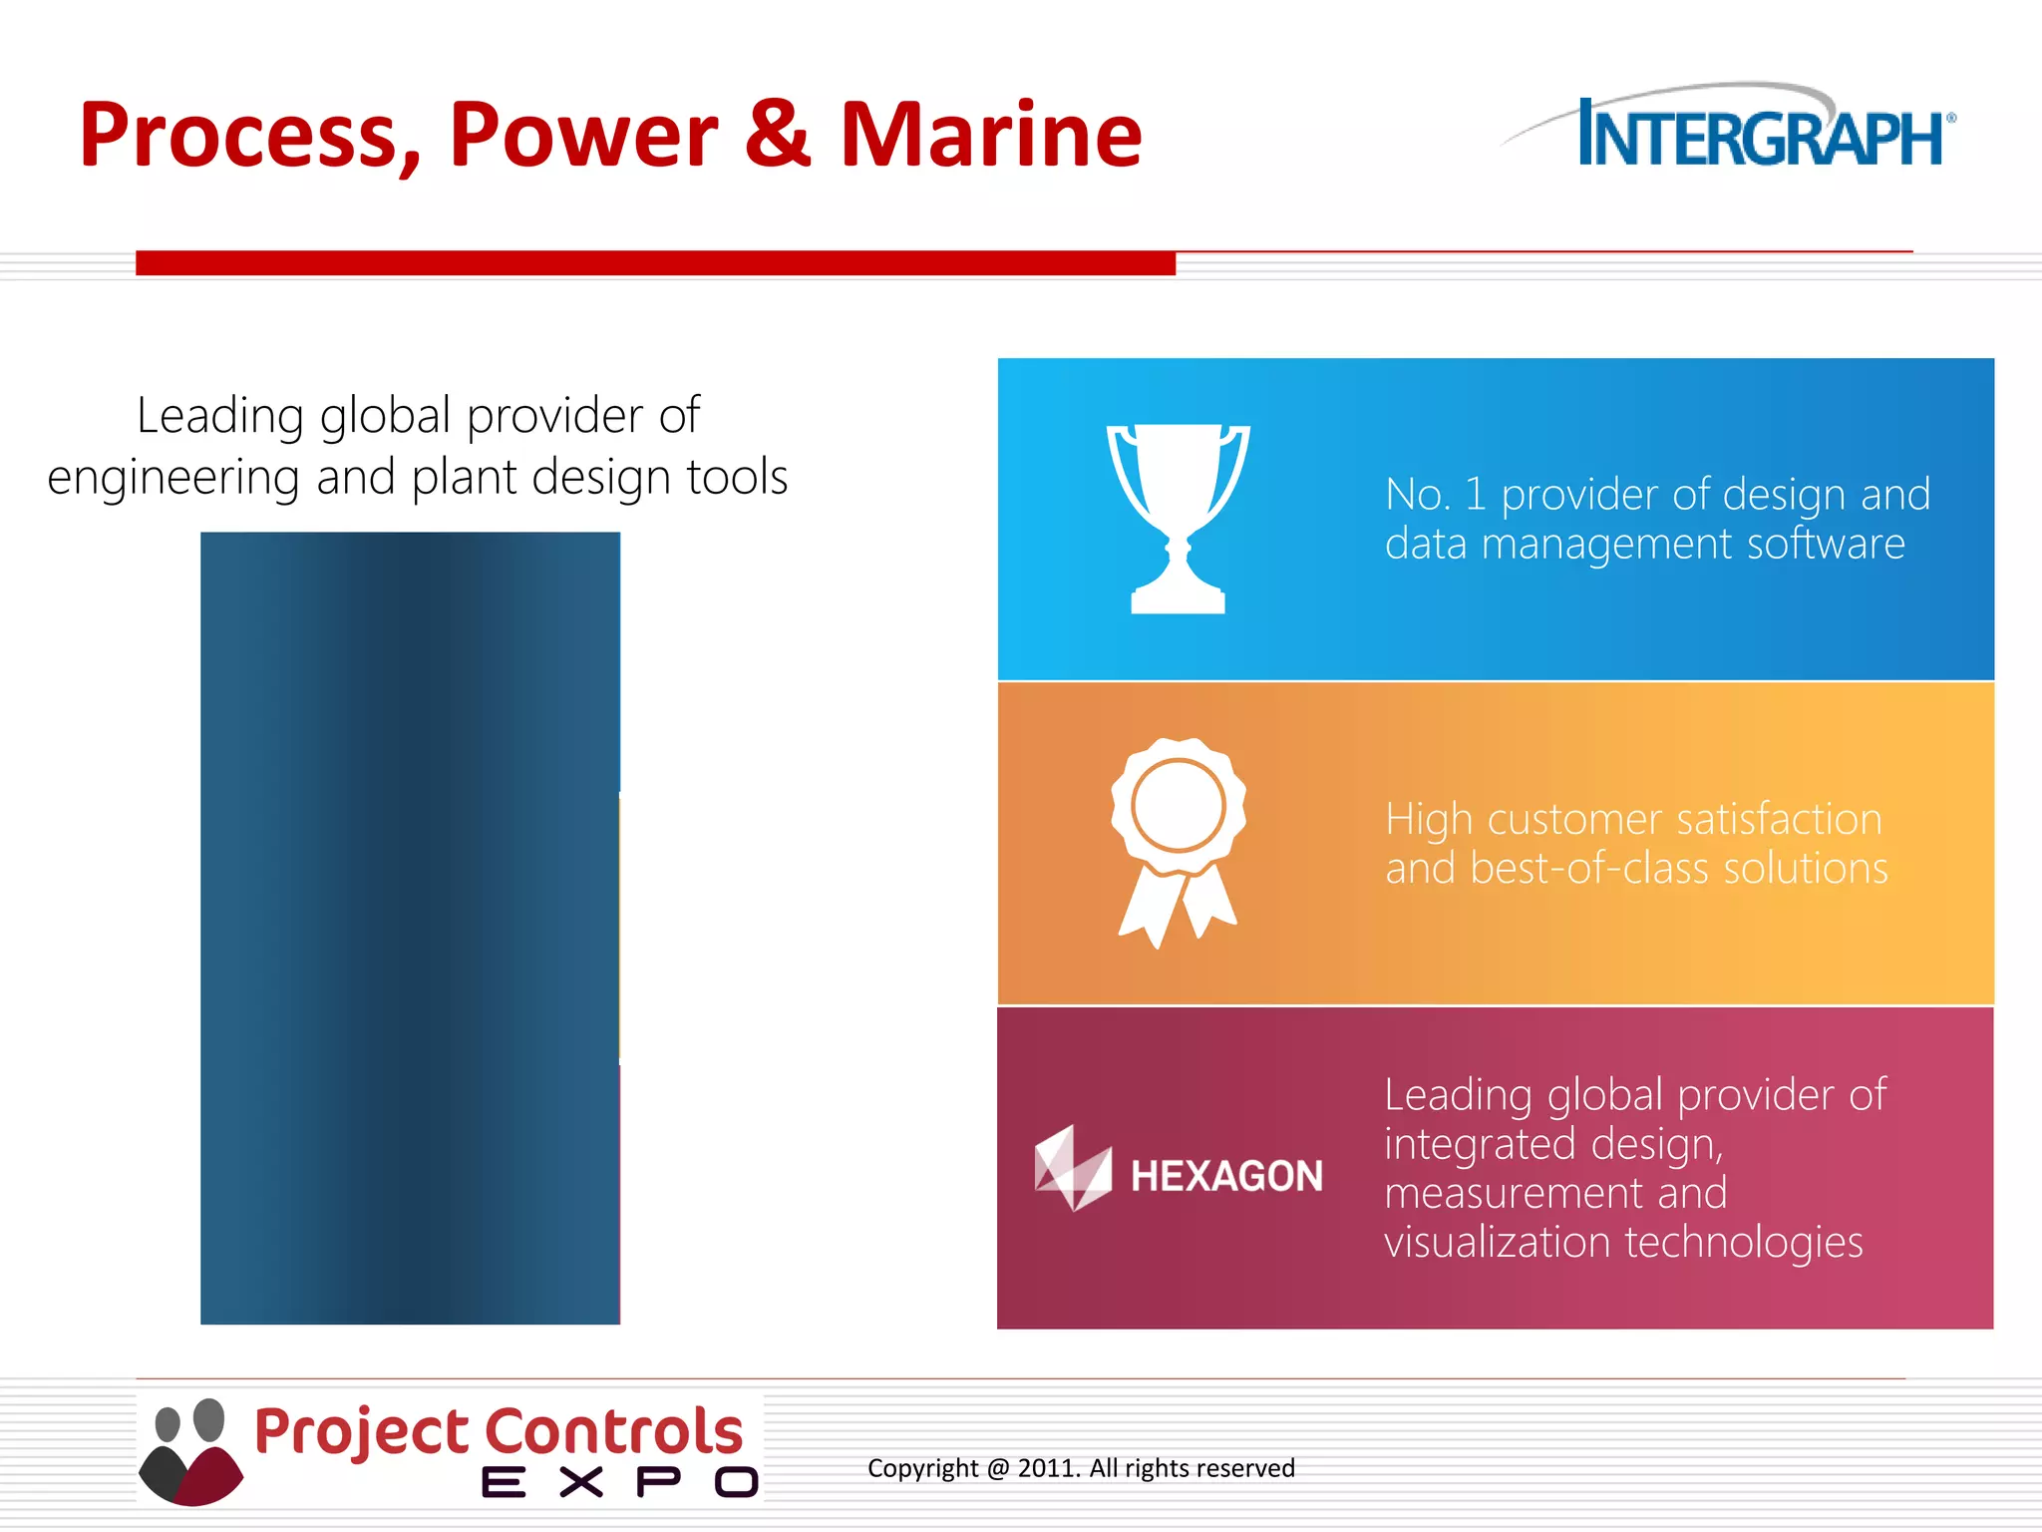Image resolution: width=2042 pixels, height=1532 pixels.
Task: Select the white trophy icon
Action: coord(1178,517)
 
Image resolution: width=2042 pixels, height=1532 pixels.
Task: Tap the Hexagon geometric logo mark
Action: coord(1072,1169)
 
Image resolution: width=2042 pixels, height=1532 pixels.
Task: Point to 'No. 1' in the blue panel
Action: coord(1434,495)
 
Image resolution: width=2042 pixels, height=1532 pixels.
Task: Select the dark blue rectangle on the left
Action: coord(410,928)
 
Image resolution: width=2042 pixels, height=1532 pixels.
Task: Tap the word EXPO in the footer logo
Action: coord(618,1483)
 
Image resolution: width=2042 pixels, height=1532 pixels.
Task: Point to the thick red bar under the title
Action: coord(655,263)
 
